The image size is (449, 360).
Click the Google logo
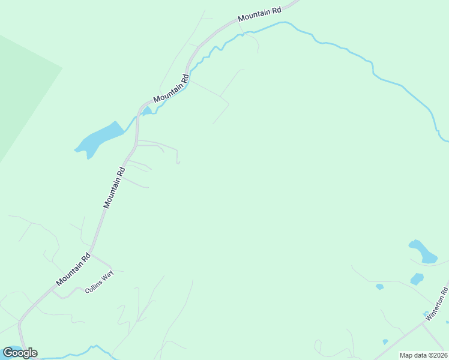pyautogui.click(x=20, y=352)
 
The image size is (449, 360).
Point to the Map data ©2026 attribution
pyautogui.click(x=423, y=355)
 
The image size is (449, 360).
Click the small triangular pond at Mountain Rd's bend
pyautogui.click(x=146, y=110)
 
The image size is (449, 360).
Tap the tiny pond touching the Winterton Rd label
pyautogui.click(x=426, y=313)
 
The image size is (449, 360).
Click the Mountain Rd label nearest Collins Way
pyautogui.click(x=73, y=269)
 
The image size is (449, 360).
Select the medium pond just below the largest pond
pyautogui.click(x=417, y=279)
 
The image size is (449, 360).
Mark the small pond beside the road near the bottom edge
pyautogui.click(x=385, y=343)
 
